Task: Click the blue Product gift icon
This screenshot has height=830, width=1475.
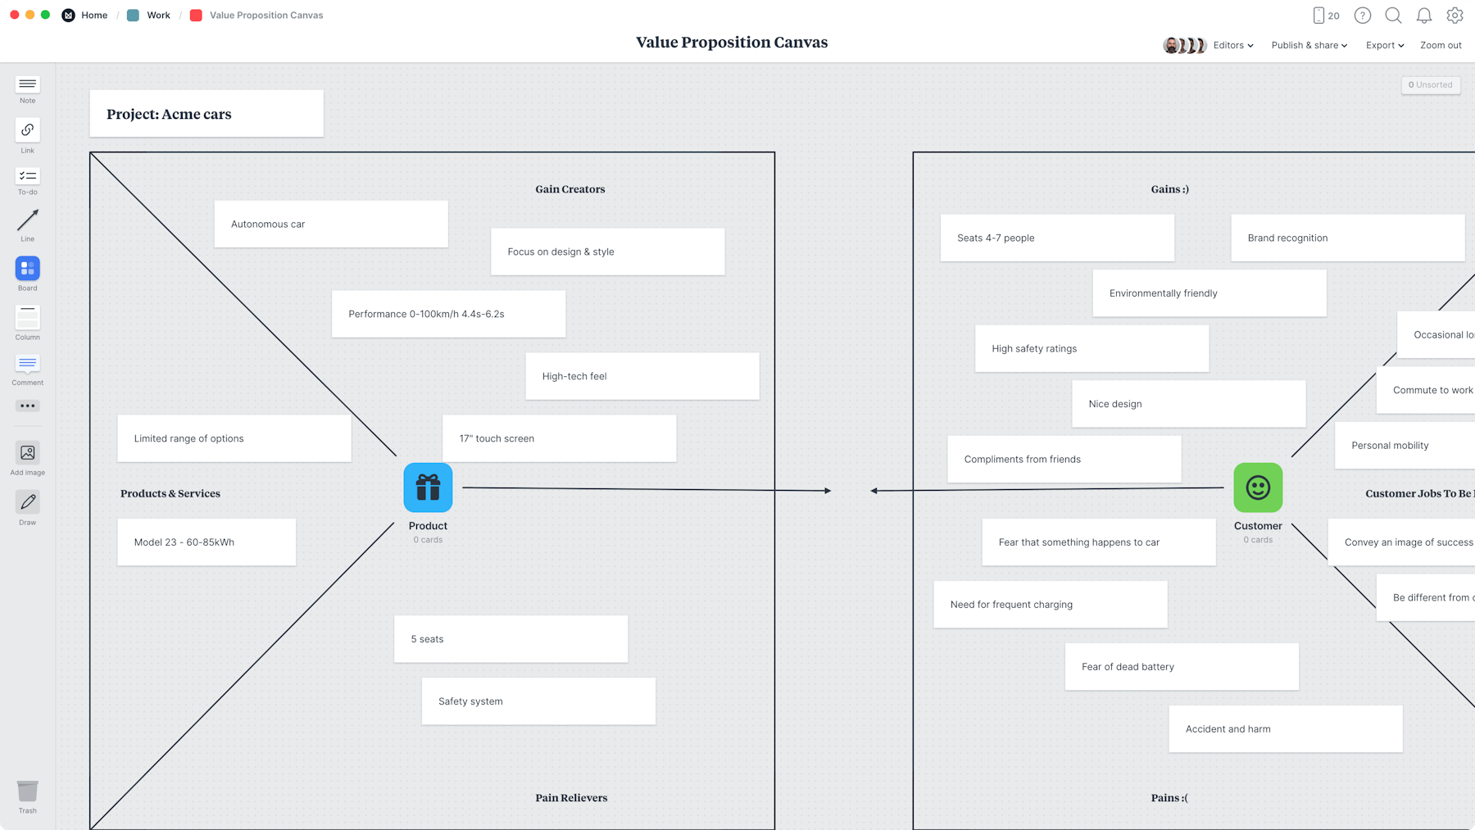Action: tap(428, 488)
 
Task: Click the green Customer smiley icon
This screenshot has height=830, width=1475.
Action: tap(1258, 488)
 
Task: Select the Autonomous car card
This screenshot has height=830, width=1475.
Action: tap(331, 224)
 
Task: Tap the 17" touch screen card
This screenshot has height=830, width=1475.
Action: tap(559, 438)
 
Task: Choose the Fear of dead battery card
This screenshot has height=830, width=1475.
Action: tap(1182, 666)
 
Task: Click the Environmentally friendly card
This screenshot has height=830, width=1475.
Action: tap(1209, 293)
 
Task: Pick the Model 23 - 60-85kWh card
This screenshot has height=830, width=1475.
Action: tap(206, 542)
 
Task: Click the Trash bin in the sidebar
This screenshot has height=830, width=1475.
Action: tap(28, 792)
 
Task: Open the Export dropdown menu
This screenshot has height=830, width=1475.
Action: tap(1384, 45)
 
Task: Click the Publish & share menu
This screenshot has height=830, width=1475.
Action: tap(1309, 45)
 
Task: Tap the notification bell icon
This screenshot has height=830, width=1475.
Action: tap(1424, 16)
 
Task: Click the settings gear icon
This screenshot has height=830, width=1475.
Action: tap(1455, 16)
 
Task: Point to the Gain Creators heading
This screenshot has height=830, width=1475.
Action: tap(570, 189)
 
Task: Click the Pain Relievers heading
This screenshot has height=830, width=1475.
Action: tap(571, 798)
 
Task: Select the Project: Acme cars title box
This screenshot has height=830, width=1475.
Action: tap(206, 114)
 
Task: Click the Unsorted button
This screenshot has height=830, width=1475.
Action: tap(1430, 84)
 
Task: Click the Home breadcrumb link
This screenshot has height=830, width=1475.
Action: tap(94, 16)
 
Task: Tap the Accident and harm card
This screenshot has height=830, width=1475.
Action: tap(1285, 728)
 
